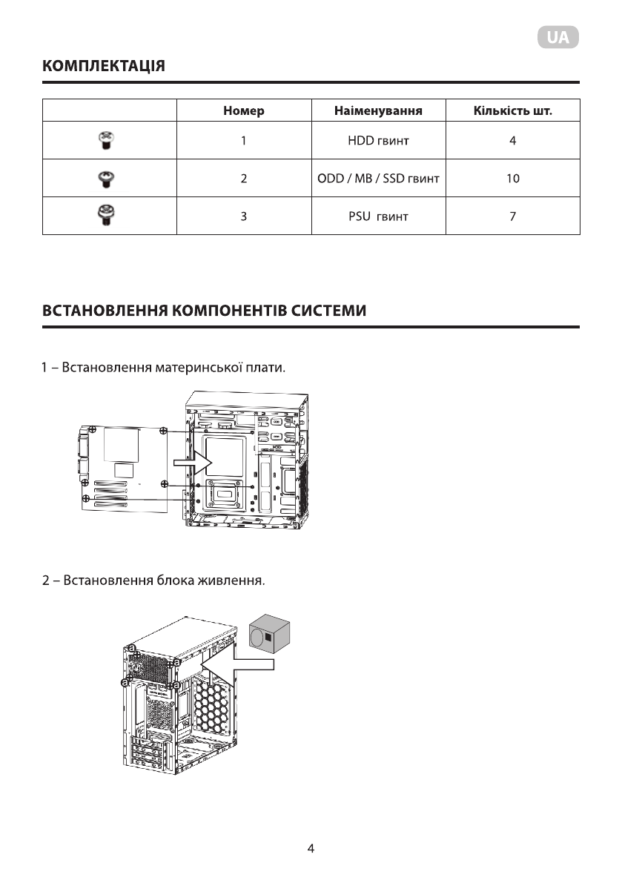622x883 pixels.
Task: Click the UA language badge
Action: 558,38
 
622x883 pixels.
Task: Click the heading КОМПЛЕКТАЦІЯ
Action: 104,67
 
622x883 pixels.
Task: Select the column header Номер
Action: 243,111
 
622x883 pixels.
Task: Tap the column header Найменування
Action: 378,111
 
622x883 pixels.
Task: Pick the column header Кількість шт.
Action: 512,111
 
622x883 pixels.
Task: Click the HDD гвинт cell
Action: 378,141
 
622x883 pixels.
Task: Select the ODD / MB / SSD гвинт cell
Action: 378,179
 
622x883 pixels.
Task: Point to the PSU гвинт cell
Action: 378,216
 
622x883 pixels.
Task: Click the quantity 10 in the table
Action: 512,179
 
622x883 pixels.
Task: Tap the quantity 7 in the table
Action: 512,216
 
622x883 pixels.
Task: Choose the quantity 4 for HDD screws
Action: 512,141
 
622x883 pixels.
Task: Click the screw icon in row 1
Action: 106,141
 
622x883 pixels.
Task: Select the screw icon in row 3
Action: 106,216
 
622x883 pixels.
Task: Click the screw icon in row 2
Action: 106,178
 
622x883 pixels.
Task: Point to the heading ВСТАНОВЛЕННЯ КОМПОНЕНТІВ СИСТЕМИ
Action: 204,311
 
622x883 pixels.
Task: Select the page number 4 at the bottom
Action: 311,848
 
